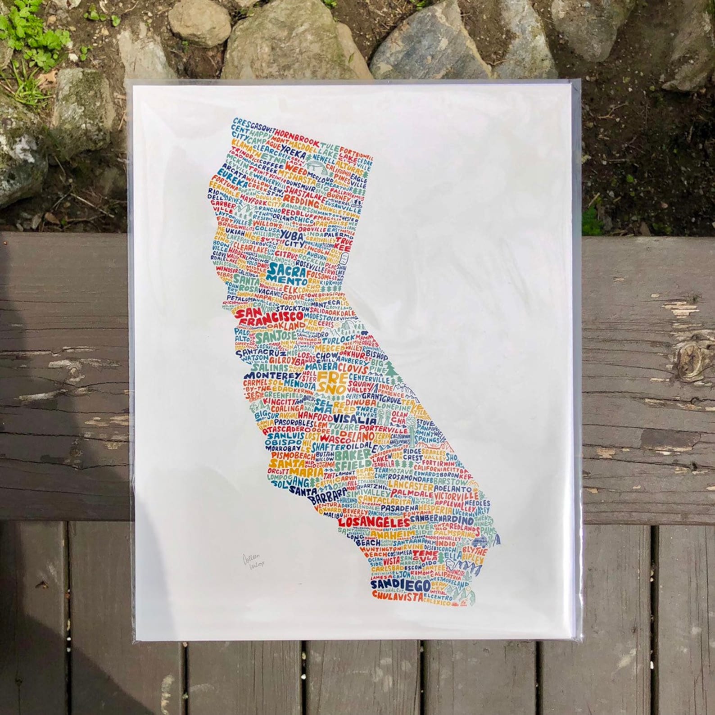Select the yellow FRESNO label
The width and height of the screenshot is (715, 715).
coord(332,381)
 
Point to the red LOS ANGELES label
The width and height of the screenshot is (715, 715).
coord(373,522)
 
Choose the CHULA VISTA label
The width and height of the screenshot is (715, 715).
coord(398,596)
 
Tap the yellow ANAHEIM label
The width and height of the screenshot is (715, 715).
coord(393,534)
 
